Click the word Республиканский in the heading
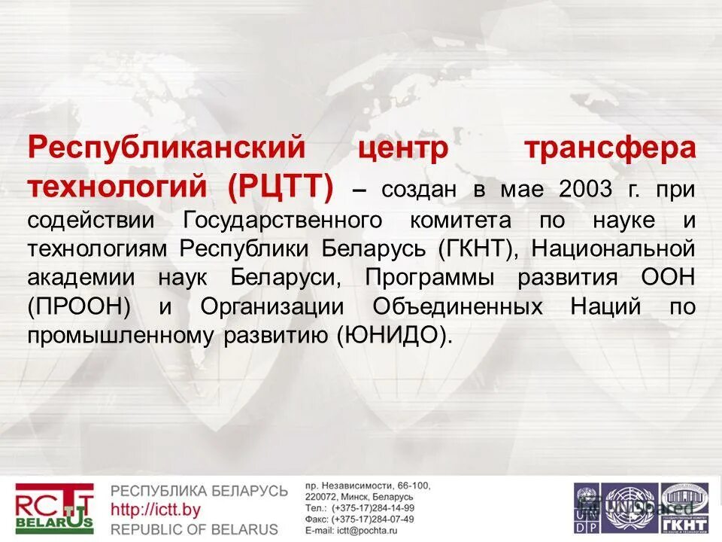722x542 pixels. pos(168,148)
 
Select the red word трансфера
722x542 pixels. pos(610,148)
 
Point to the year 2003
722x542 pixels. pos(585,188)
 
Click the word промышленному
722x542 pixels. pos(120,335)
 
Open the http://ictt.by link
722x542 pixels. pos(156,510)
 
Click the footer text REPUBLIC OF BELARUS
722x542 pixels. pos(195,528)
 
